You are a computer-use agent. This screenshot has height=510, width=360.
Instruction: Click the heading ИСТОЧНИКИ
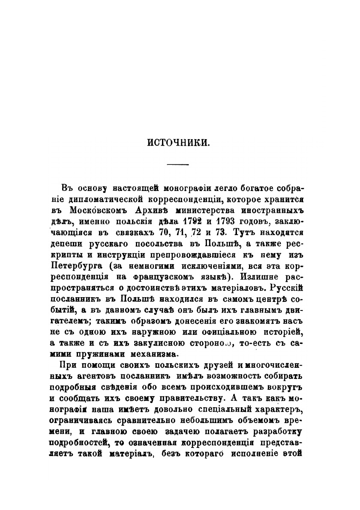180,142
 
